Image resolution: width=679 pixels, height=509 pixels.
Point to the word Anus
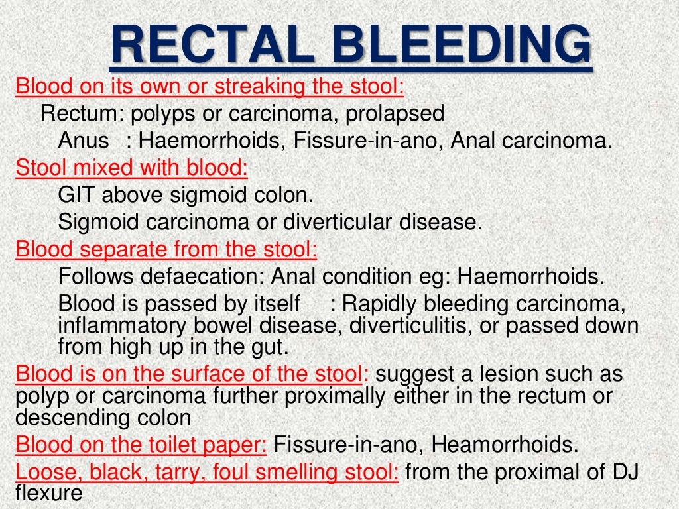(83, 141)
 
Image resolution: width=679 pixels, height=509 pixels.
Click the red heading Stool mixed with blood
(131, 168)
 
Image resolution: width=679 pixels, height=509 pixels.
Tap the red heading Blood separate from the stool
(166, 249)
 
